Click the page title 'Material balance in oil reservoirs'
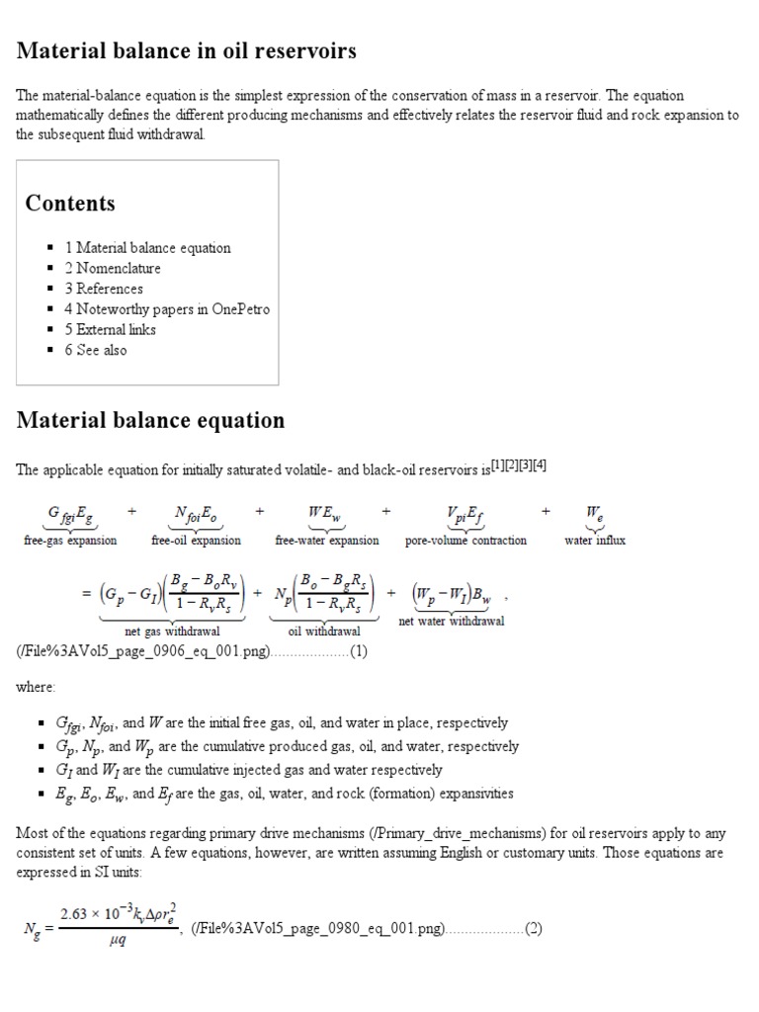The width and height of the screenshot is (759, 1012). [x=187, y=51]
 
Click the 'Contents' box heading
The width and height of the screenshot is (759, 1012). [x=70, y=204]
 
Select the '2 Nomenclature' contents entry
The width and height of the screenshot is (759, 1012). [x=113, y=268]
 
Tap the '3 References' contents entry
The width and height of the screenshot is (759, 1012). [x=104, y=289]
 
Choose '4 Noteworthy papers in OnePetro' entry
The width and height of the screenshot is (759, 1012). [x=167, y=309]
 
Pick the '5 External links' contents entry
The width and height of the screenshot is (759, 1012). [x=110, y=329]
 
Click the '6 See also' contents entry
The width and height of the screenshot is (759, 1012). [x=96, y=350]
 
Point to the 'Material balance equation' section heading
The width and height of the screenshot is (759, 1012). [x=150, y=420]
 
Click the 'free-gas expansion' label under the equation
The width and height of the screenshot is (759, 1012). [x=70, y=541]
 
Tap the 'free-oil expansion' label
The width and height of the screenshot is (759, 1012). [x=196, y=541]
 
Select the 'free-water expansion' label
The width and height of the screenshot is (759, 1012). [x=326, y=541]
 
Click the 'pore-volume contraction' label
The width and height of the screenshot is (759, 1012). [x=465, y=541]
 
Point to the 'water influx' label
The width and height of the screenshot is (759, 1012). [x=595, y=541]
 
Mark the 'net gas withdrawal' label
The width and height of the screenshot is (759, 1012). [x=172, y=631]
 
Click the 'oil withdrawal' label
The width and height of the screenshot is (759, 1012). [x=324, y=631]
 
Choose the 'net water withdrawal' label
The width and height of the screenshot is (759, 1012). [x=451, y=622]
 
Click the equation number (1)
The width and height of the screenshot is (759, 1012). [x=359, y=652]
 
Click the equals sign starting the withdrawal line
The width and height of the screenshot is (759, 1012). [x=86, y=594]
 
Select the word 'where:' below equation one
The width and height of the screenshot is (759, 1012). [x=37, y=686]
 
